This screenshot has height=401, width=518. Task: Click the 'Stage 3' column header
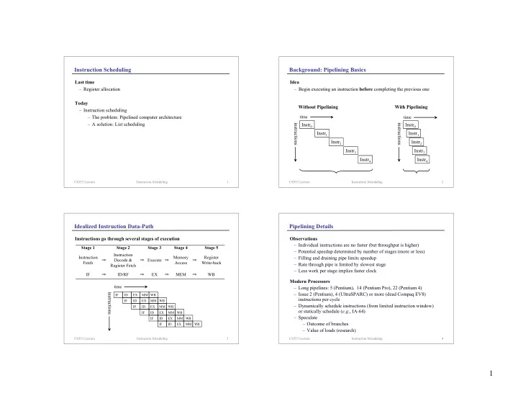point(156,248)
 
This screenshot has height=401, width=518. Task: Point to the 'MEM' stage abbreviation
point(182,274)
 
